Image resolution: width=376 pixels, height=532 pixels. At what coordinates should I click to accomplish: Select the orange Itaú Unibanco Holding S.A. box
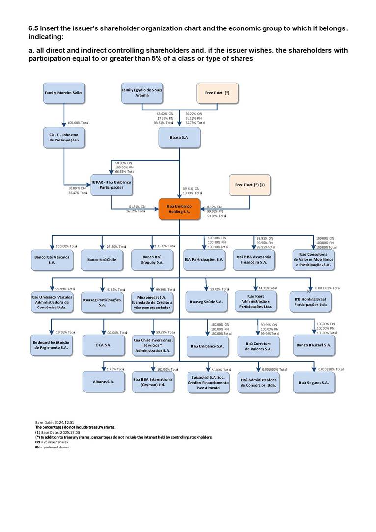pos(179,208)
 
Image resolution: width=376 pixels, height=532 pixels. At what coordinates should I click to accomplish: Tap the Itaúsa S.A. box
pos(179,138)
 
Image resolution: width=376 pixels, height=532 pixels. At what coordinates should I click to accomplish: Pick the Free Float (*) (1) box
pos(250,185)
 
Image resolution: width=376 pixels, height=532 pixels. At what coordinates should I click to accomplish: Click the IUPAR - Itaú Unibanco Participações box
pos(111,185)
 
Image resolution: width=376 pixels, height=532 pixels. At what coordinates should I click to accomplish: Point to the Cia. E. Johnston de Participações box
pos(64,138)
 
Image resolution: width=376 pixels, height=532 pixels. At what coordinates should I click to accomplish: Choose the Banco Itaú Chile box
pos(102,260)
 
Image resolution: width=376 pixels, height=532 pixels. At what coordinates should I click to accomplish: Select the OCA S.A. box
pos(104,345)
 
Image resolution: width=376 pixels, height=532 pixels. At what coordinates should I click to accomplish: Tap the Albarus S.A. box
pos(104,382)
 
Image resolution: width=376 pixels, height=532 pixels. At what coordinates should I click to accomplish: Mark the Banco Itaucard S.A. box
pos(314,345)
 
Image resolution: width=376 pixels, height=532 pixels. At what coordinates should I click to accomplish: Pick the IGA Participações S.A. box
pos(204,260)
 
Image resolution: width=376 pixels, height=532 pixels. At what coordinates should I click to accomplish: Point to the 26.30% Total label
pos(116,247)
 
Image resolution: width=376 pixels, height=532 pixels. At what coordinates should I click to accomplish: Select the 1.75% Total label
pos(115,369)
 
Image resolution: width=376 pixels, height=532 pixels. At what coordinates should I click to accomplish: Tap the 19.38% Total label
pos(66,332)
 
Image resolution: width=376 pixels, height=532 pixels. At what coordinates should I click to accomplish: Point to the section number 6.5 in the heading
pos(33,28)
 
